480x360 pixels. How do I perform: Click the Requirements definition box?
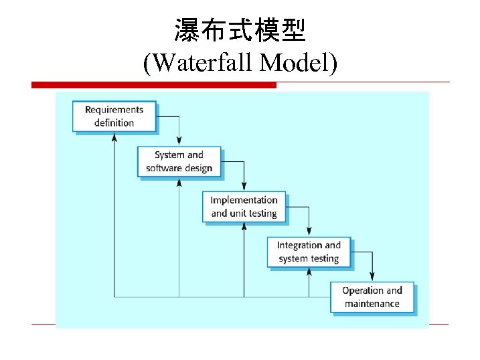pyautogui.click(x=114, y=116)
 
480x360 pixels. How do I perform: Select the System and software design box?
pyautogui.click(x=179, y=161)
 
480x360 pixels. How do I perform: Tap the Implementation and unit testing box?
pyautogui.click(x=244, y=207)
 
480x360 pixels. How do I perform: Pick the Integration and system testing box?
pyautogui.click(x=309, y=252)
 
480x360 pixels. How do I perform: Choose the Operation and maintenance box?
pyautogui.click(x=372, y=297)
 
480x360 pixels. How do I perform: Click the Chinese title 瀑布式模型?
pyautogui.click(x=240, y=30)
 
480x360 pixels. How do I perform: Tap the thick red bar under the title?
pyautogui.click(x=153, y=85)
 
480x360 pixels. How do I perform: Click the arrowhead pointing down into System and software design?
pyautogui.click(x=179, y=141)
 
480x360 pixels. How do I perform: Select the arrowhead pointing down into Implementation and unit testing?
pyautogui.click(x=244, y=186)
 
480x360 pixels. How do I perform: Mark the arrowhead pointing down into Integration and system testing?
pyautogui.click(x=309, y=232)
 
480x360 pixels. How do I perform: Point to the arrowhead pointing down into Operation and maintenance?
pyautogui.click(x=373, y=276)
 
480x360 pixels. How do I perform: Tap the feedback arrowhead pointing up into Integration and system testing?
pyautogui.click(x=309, y=272)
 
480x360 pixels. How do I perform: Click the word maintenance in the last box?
pyautogui.click(x=372, y=304)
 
